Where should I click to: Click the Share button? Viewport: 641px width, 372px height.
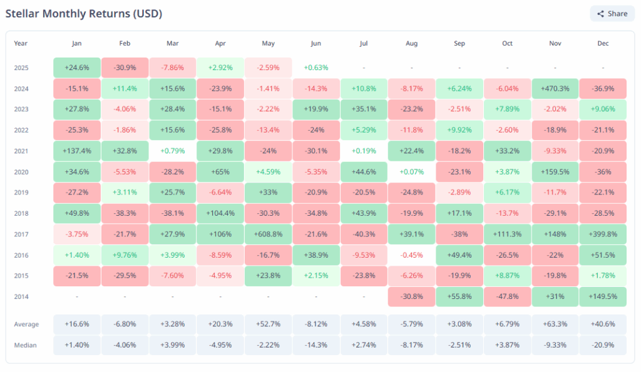click(x=612, y=14)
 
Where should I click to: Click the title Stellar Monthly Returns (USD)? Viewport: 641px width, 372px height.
click(x=88, y=13)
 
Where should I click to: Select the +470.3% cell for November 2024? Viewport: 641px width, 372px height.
click(x=555, y=89)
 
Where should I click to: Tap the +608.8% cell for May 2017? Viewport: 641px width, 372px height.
click(x=268, y=234)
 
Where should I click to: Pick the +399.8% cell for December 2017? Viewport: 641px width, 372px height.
click(x=603, y=234)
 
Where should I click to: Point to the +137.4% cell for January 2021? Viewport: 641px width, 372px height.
click(x=76, y=151)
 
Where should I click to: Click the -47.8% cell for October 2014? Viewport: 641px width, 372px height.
click(x=507, y=296)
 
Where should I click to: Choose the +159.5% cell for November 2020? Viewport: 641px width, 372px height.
click(x=555, y=172)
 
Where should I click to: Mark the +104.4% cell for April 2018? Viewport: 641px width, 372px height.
click(x=220, y=213)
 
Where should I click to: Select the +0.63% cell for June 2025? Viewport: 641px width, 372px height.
click(x=315, y=68)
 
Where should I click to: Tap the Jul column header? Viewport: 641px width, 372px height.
click(x=364, y=44)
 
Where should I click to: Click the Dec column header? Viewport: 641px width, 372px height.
click(x=603, y=44)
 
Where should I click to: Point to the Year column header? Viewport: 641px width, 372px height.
click(x=21, y=44)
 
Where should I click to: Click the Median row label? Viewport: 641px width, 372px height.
click(x=26, y=345)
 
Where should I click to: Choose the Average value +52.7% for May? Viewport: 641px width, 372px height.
click(x=268, y=324)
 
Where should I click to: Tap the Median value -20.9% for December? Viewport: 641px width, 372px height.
click(x=603, y=345)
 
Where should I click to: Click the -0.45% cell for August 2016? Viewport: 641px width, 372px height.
click(x=411, y=255)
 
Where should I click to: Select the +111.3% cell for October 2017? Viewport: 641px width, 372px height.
click(x=507, y=234)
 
